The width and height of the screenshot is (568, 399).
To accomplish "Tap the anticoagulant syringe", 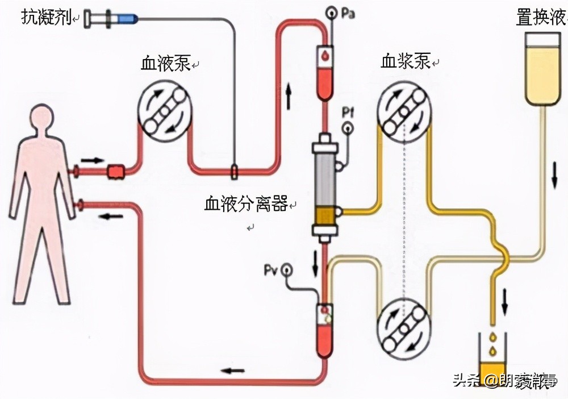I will [x=111, y=19].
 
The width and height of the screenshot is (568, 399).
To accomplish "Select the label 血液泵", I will [x=165, y=64].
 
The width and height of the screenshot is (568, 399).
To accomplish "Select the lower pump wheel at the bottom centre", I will [x=405, y=329].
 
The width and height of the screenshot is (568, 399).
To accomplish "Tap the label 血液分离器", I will [x=246, y=204].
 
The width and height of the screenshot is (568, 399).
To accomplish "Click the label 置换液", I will [x=541, y=18].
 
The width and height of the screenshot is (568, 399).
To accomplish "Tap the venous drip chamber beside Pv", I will [x=325, y=330].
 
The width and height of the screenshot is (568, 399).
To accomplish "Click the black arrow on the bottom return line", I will [x=232, y=371].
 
